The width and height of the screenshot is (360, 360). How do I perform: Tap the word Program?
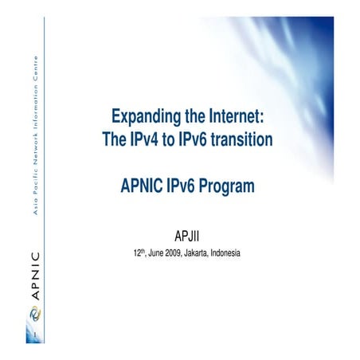point(230,187)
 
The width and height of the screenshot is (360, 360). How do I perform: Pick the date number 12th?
point(139,253)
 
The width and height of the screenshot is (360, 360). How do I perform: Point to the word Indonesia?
point(236,254)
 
